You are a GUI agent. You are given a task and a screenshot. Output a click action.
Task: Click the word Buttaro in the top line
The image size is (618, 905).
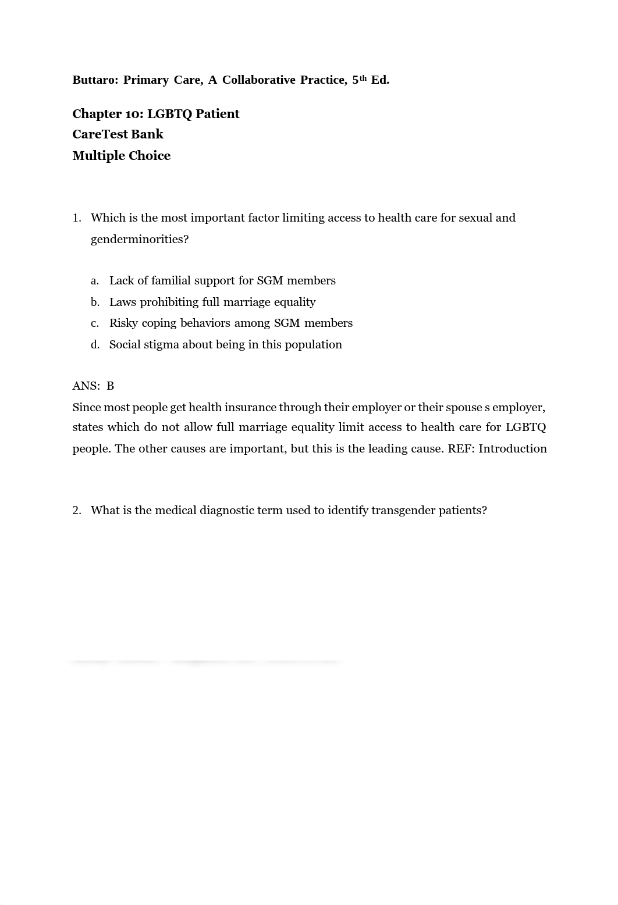tap(94, 80)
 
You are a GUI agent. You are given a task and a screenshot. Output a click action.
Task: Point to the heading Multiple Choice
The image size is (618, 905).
tap(121, 156)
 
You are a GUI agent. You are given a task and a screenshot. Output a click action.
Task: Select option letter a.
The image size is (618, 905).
tap(94, 281)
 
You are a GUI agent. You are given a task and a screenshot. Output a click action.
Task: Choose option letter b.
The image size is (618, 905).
tap(94, 302)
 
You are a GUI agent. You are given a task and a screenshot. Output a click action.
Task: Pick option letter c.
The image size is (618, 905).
tap(94, 323)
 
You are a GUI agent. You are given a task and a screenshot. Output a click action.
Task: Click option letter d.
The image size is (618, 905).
tap(94, 345)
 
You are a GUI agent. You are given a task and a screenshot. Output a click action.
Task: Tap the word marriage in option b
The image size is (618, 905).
tap(246, 302)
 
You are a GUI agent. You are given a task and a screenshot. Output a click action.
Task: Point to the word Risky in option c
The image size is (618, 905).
tap(123, 323)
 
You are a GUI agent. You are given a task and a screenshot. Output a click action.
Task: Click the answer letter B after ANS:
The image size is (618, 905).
tap(111, 386)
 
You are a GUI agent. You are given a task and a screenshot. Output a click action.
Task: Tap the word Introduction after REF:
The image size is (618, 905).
tap(513, 449)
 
